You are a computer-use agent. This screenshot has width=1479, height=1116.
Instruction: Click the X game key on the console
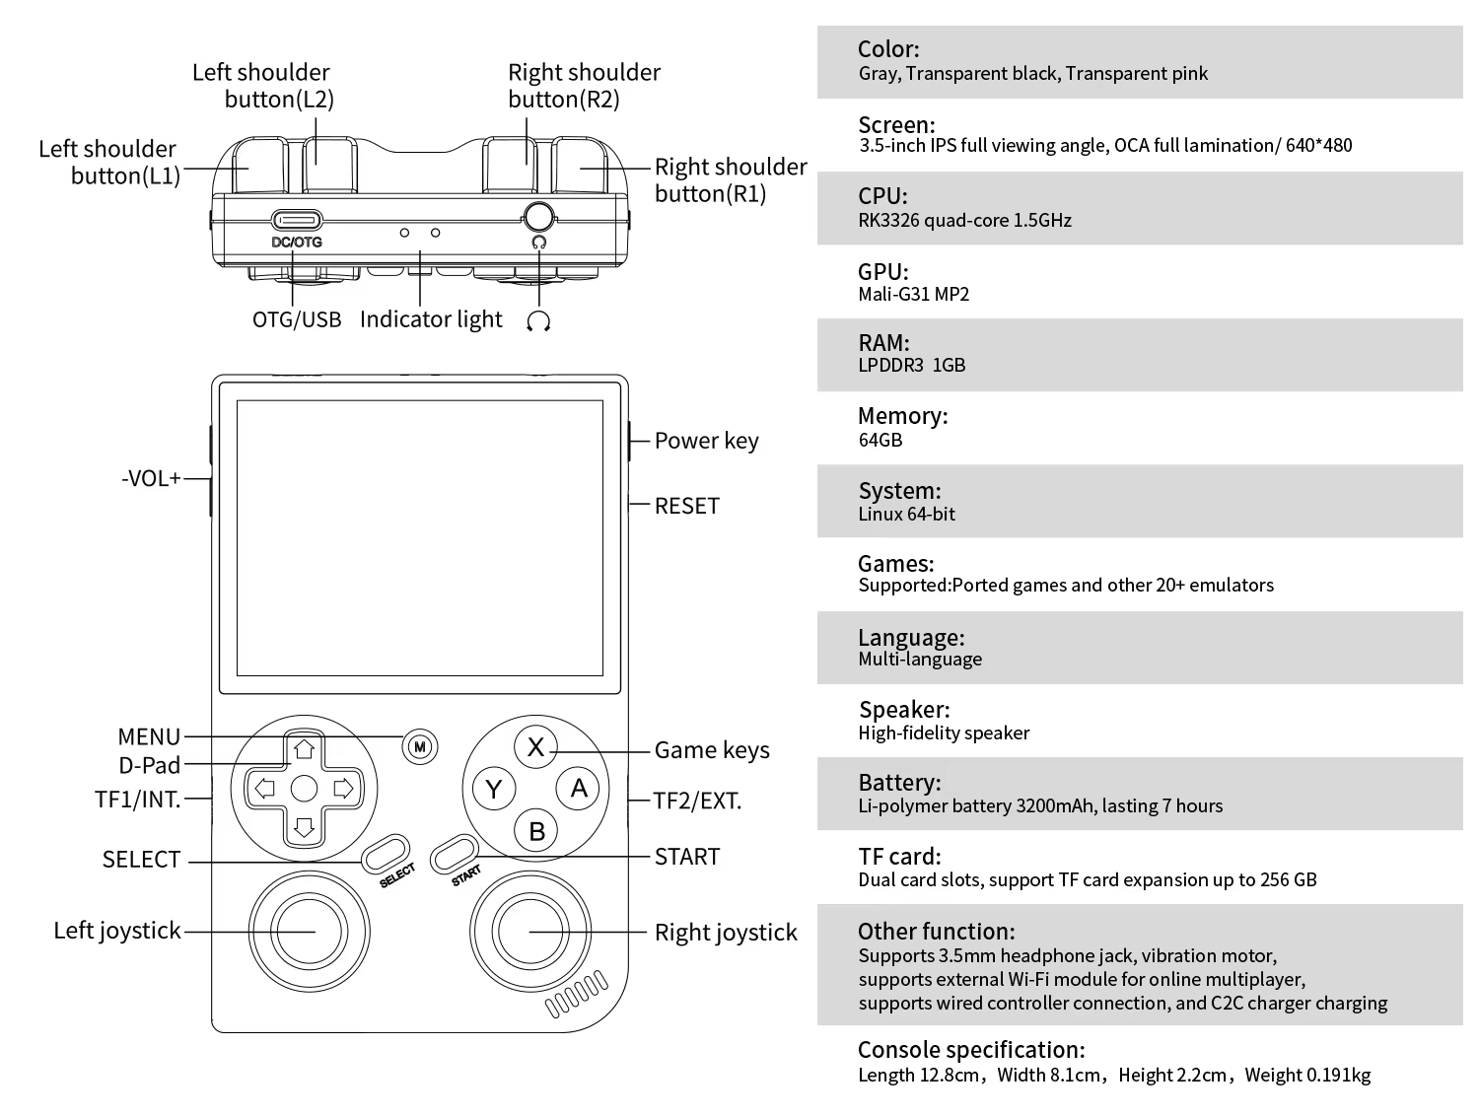pos(535,747)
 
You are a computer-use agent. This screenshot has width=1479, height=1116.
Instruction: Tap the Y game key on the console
pos(494,789)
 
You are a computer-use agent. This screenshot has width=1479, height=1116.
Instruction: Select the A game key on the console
pos(579,788)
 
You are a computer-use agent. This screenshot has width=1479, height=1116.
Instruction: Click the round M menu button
pos(420,747)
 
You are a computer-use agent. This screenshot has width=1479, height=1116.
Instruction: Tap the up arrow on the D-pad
pos(304,749)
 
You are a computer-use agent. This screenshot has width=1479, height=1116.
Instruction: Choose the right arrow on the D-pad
pos(343,789)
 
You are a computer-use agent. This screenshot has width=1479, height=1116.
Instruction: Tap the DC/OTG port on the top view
pos(297,220)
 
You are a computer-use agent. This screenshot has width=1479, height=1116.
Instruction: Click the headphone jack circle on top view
pos(538,216)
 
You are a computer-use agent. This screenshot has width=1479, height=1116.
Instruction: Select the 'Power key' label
pos(706,441)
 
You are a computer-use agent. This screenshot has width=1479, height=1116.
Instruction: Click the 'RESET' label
pos(686,506)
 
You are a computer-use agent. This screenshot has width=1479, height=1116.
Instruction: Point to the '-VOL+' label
pos(151,479)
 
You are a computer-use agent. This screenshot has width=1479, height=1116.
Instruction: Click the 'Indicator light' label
pos(431,319)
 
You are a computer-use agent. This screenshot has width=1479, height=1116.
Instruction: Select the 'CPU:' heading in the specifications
pos(882,195)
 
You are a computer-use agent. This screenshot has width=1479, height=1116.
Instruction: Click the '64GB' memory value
pos(880,440)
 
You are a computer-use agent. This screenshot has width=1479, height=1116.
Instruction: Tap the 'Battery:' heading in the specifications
pos(899,783)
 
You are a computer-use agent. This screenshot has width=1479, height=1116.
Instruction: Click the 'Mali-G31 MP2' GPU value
pos(913,294)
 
